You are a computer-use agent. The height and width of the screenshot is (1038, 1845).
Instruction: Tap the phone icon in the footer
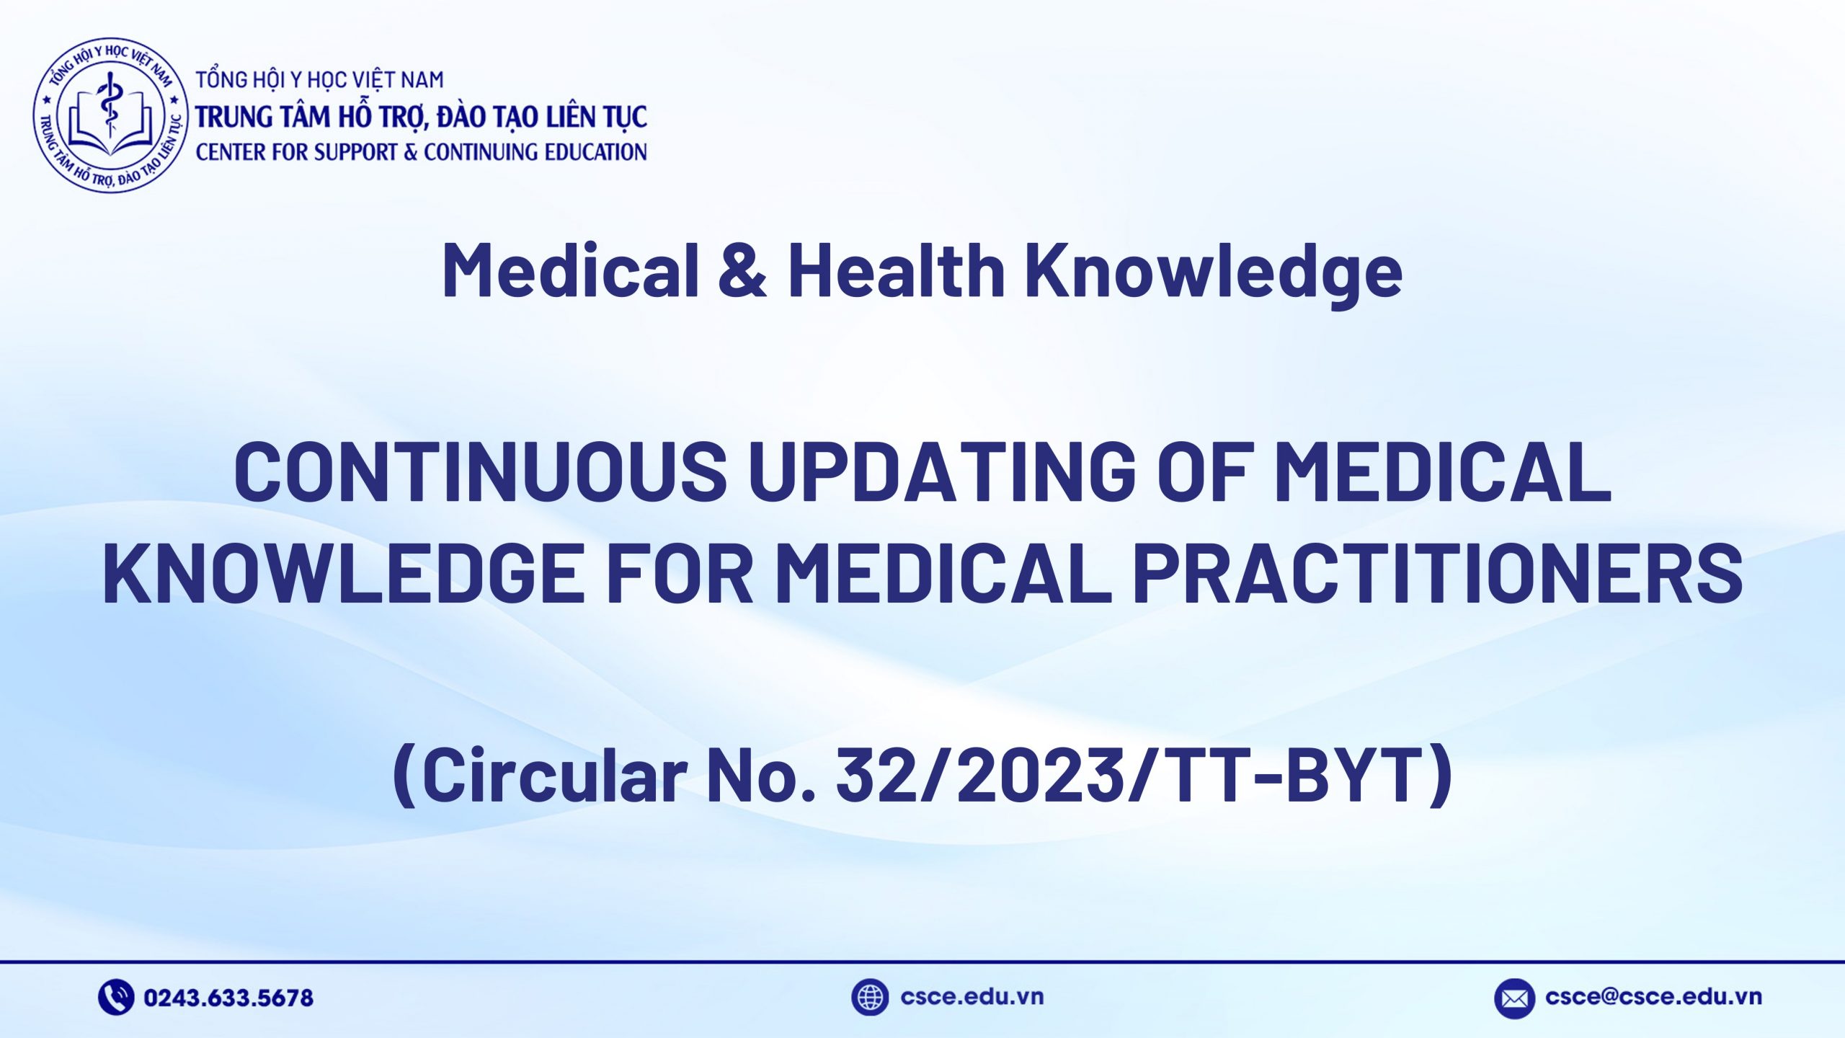pos(116,998)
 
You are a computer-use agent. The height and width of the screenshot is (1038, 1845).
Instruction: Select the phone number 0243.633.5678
pos(228,998)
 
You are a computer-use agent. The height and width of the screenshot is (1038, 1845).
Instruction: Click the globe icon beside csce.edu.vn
pos(870,998)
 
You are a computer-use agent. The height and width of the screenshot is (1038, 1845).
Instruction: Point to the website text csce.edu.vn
pos(972,997)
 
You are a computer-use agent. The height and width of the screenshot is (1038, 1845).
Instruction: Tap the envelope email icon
pos(1514,998)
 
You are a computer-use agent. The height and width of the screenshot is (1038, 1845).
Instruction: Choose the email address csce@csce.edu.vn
pos(1653,997)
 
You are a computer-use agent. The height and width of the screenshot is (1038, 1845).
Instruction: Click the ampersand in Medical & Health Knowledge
pos(742,270)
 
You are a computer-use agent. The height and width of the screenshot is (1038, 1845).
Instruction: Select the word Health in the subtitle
pos(897,270)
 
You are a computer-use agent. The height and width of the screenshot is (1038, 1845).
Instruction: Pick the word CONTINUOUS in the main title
pos(480,472)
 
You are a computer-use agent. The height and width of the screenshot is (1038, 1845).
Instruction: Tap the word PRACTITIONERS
pos(1438,573)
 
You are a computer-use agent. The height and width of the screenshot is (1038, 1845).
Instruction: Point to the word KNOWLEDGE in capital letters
pos(343,573)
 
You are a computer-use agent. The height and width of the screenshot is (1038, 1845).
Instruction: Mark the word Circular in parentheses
pos(553,775)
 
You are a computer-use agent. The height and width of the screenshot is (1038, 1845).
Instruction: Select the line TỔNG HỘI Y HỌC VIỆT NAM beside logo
pos(319,80)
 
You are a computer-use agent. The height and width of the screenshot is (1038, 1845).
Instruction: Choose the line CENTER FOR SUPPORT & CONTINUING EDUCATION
pos(421,152)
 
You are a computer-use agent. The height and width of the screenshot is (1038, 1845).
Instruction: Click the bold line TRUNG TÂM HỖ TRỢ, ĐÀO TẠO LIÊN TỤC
pos(421,117)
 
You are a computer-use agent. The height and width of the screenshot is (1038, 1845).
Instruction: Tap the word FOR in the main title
pos(680,573)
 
